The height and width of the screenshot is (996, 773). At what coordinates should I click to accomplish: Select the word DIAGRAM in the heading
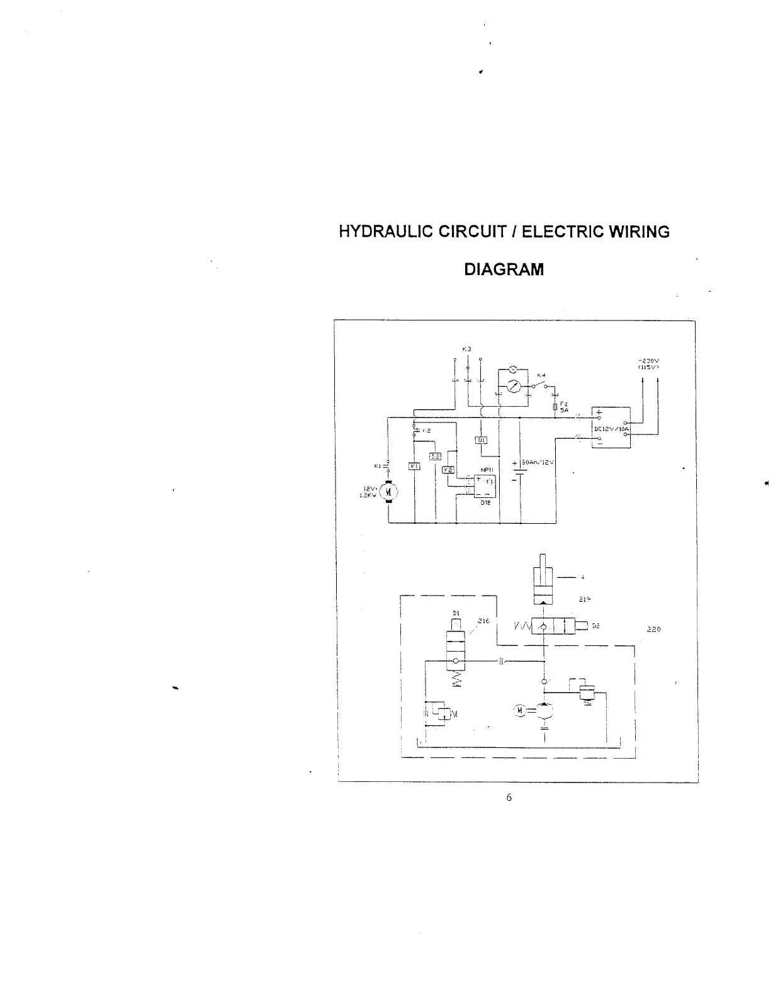(x=504, y=269)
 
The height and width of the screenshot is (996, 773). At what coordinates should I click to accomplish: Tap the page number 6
(x=509, y=798)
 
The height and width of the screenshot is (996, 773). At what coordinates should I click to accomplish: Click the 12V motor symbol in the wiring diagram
(x=388, y=491)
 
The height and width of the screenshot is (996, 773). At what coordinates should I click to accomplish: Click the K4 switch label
(x=540, y=375)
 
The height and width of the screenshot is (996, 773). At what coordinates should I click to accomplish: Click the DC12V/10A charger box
(x=611, y=428)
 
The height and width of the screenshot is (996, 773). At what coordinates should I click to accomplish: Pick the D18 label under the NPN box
(x=485, y=502)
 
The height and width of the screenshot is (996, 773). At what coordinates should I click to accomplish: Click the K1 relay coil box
(x=414, y=465)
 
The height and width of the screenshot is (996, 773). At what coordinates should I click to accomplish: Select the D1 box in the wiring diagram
(x=481, y=439)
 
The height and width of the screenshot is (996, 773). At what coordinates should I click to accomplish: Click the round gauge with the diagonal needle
(x=512, y=386)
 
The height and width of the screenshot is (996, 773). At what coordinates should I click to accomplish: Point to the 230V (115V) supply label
(x=648, y=364)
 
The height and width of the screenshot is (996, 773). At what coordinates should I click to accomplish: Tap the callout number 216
(x=483, y=621)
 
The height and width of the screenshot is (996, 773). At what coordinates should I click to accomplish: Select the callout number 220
(x=653, y=629)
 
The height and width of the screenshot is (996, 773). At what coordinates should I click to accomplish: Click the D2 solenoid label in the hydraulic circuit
(x=596, y=626)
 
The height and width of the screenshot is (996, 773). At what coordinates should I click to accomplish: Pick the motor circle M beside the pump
(x=520, y=711)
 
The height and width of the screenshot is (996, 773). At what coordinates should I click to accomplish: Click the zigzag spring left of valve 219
(x=522, y=626)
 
